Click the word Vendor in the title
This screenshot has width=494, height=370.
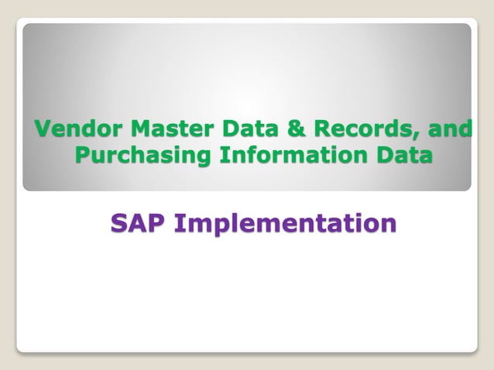74,128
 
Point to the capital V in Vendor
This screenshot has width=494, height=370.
43,128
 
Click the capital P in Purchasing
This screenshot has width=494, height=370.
83,154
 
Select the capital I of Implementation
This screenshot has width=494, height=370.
180,223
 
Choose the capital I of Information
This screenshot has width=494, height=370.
222,154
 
